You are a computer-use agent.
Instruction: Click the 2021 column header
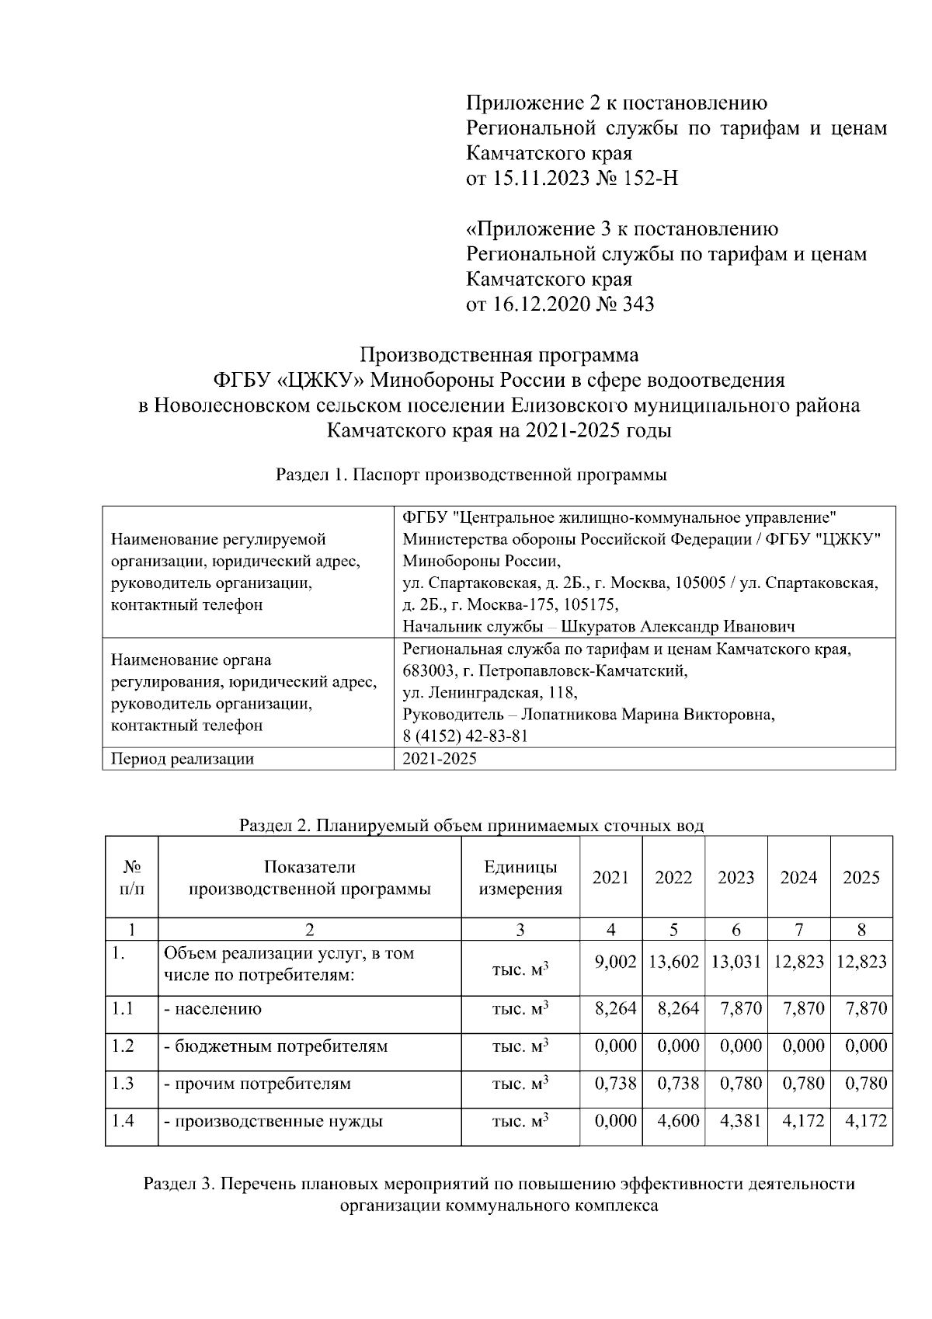coord(610,877)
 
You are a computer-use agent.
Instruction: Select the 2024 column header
coord(798,877)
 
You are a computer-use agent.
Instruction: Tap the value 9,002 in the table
coord(615,962)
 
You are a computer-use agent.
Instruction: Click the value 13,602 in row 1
coord(673,962)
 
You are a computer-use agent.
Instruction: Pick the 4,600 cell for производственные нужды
coord(678,1121)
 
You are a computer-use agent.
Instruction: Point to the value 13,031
coord(736,962)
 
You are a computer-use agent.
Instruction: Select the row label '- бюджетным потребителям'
coord(275,1046)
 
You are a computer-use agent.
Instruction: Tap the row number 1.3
coord(123,1083)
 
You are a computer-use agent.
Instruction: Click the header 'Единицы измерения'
coord(520,878)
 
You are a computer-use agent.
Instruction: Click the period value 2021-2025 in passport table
coord(440,759)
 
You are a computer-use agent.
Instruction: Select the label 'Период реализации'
coord(183,759)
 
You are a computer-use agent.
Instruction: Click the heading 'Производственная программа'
coord(499,355)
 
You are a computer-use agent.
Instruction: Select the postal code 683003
coord(427,670)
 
